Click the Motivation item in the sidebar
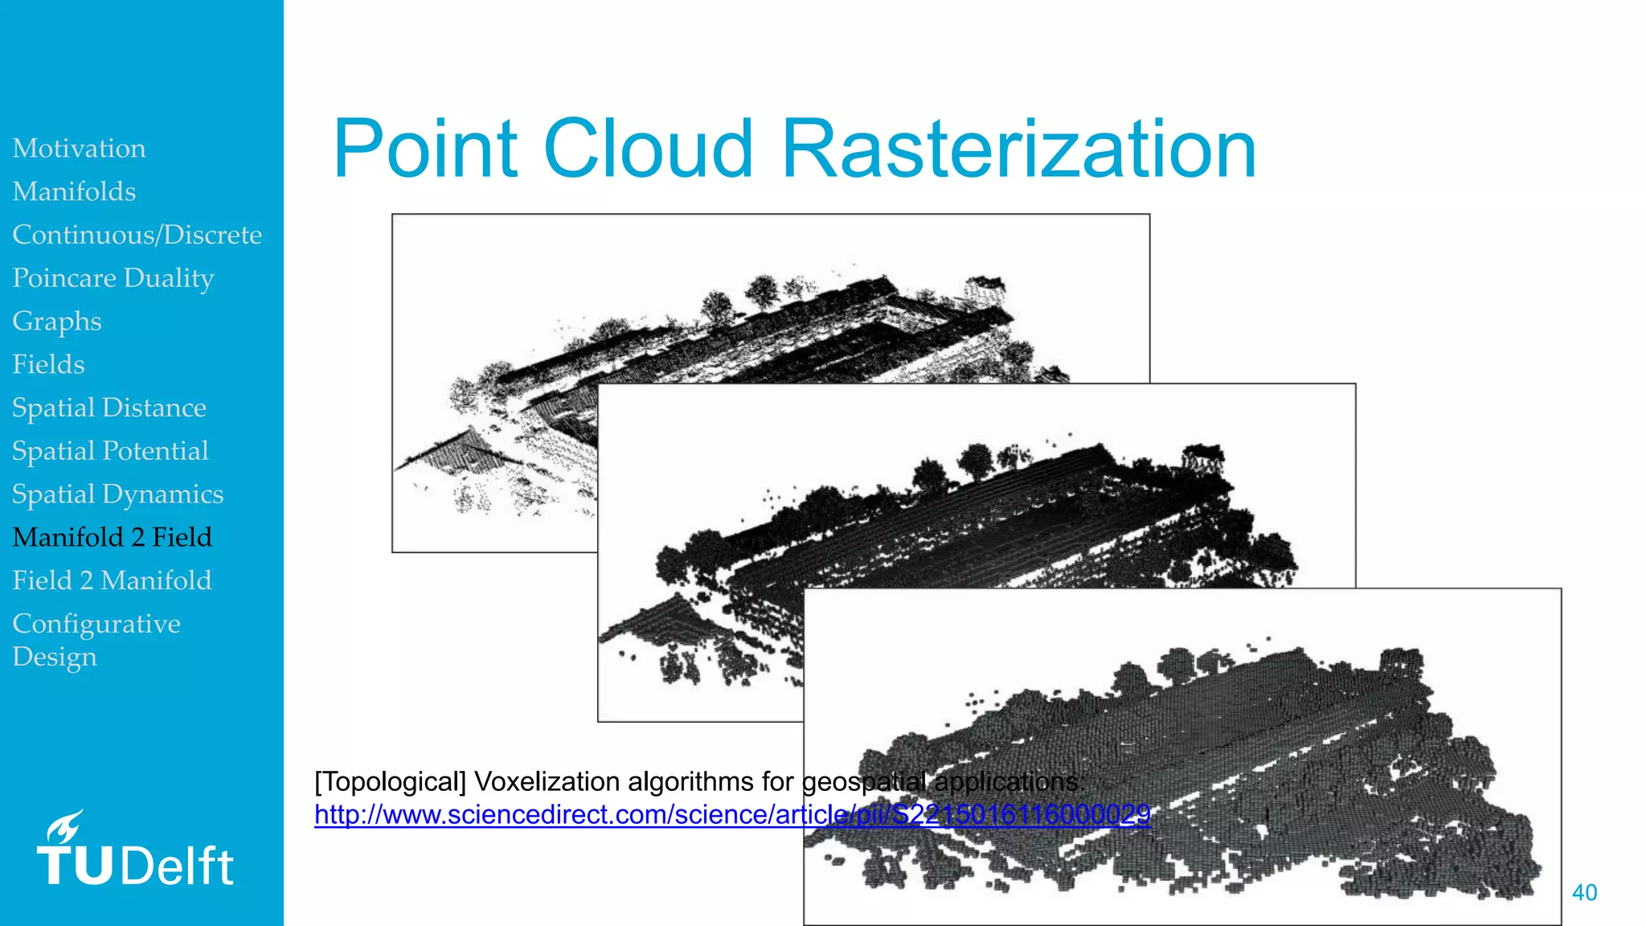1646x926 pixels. (x=79, y=149)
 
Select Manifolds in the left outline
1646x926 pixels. (x=74, y=192)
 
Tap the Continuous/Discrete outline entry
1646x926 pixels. (x=137, y=235)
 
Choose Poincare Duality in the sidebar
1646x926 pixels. (x=113, y=278)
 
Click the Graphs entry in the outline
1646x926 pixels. (x=56, y=322)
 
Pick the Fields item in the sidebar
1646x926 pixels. (x=48, y=365)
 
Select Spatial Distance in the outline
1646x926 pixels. (x=109, y=408)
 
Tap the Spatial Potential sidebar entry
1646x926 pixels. (x=110, y=451)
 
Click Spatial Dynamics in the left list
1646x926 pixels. (x=117, y=494)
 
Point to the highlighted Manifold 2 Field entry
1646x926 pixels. (x=112, y=538)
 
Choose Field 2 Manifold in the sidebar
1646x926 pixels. (x=112, y=580)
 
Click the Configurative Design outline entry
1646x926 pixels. (x=96, y=640)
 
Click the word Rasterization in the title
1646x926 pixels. (x=1018, y=149)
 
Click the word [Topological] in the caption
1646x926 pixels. (x=390, y=781)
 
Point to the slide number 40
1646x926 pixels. (x=1584, y=892)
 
